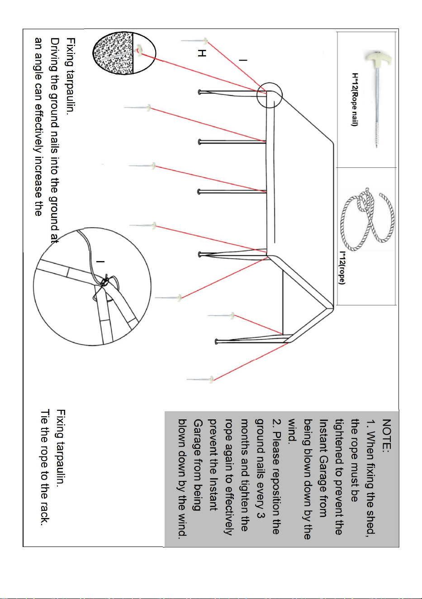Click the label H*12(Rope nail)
pyautogui.click(x=354, y=100)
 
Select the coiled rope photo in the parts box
pyautogui.click(x=367, y=219)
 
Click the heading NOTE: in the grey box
pyautogui.click(x=387, y=436)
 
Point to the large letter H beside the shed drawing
pyautogui.click(x=202, y=53)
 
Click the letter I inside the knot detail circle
pyautogui.click(x=100, y=261)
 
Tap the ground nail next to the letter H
pyautogui.click(x=194, y=41)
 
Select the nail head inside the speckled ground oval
pyautogui.click(x=139, y=50)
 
